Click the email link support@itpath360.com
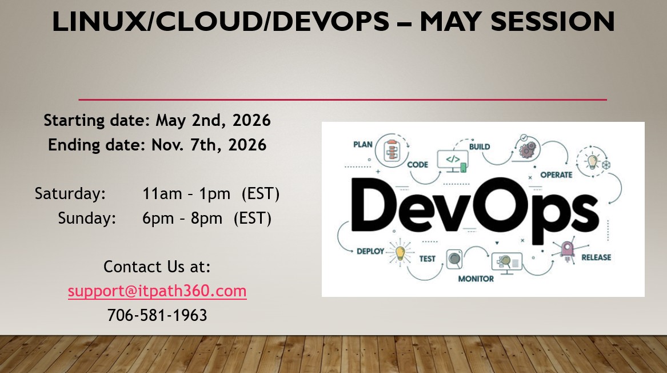click(x=157, y=291)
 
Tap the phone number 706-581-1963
click(x=157, y=316)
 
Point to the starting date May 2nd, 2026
click(x=213, y=121)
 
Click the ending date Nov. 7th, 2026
click(x=209, y=145)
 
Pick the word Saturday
click(x=70, y=194)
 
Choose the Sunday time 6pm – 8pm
click(x=182, y=219)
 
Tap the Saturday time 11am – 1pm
click(x=186, y=194)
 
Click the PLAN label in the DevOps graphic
click(x=363, y=145)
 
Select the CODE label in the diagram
click(x=417, y=165)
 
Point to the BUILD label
click(x=480, y=147)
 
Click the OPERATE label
click(x=556, y=175)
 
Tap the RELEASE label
click(x=596, y=257)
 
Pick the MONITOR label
click(x=476, y=279)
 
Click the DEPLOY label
click(x=370, y=252)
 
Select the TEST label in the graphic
click(x=427, y=259)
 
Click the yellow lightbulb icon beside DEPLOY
click(x=400, y=253)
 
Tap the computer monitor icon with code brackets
click(x=453, y=161)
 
